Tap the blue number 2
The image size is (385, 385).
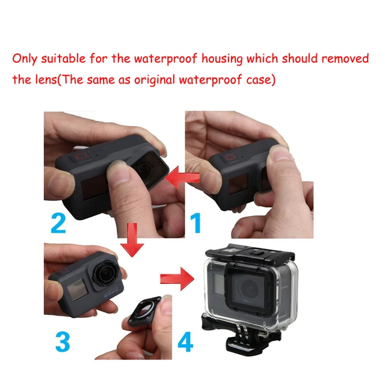pyautogui.click(x=58, y=223)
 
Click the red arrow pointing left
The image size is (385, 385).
pyautogui.click(x=177, y=179)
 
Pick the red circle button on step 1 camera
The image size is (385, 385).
pyautogui.click(x=231, y=157)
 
